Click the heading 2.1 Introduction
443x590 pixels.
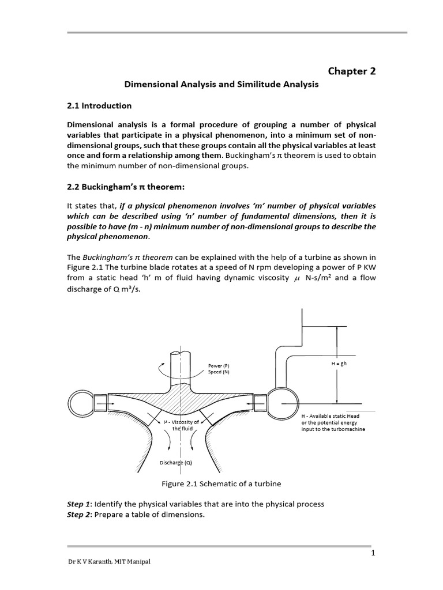pyautogui.click(x=99, y=106)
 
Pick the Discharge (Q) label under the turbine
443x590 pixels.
pyautogui.click(x=176, y=463)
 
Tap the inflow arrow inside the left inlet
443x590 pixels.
pyautogui.click(x=114, y=403)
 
